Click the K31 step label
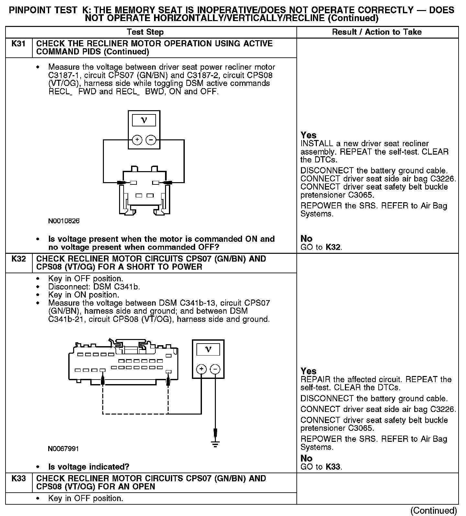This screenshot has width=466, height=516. (x=18, y=44)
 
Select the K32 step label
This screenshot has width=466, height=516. (x=18, y=259)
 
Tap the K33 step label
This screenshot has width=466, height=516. (x=18, y=478)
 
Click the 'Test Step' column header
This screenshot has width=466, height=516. (x=145, y=32)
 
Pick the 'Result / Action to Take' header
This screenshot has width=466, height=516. (x=377, y=32)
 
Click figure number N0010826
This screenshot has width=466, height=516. (x=64, y=221)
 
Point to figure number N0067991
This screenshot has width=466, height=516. (x=63, y=449)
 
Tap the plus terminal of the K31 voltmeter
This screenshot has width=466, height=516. (x=137, y=140)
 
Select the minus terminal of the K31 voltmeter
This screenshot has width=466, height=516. (x=151, y=140)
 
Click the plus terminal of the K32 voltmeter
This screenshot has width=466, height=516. (x=202, y=369)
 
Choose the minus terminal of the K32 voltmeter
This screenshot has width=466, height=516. (x=215, y=369)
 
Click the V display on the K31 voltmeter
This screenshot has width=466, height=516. (x=144, y=121)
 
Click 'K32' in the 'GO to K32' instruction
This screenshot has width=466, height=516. (x=333, y=247)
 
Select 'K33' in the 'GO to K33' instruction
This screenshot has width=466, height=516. (x=333, y=467)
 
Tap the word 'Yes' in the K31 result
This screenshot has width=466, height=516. (x=308, y=135)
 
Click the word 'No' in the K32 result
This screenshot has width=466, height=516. (x=306, y=458)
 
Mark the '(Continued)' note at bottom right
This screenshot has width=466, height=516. (x=433, y=510)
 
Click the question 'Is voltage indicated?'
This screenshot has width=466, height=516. (x=89, y=467)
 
